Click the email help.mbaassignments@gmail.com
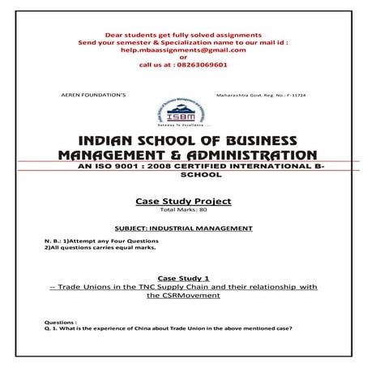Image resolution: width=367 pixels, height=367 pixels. tap(183, 49)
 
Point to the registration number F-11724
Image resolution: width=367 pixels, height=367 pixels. tap(294, 95)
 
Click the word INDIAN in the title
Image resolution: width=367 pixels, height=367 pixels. tap(122, 139)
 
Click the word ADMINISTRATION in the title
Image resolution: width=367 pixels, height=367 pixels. tap(244, 154)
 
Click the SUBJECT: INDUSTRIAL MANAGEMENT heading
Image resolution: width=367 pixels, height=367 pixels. tap(183, 229)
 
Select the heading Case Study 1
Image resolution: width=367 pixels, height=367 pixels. tap(183, 276)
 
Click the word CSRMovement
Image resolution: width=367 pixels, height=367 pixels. tap(183, 296)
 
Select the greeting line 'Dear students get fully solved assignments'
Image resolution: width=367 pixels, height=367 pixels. tap(183, 35)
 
